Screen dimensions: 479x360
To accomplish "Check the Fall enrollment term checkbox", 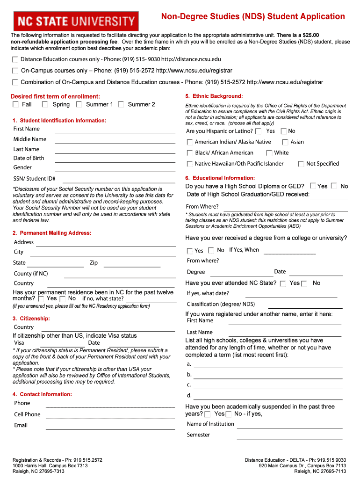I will [x=16, y=104].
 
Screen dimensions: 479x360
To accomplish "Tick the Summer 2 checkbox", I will [x=121, y=104].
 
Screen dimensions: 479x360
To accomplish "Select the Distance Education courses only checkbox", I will [x=15, y=59].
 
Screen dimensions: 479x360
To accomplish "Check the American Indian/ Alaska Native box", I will [x=190, y=142].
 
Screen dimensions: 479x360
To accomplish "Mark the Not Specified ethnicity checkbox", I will [x=301, y=164].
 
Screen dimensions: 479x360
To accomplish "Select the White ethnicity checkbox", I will [x=269, y=153].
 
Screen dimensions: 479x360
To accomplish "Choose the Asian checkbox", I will [x=285, y=142].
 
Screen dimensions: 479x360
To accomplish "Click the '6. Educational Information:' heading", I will [x=220, y=178].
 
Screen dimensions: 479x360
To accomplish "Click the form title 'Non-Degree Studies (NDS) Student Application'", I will [x=253, y=17].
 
